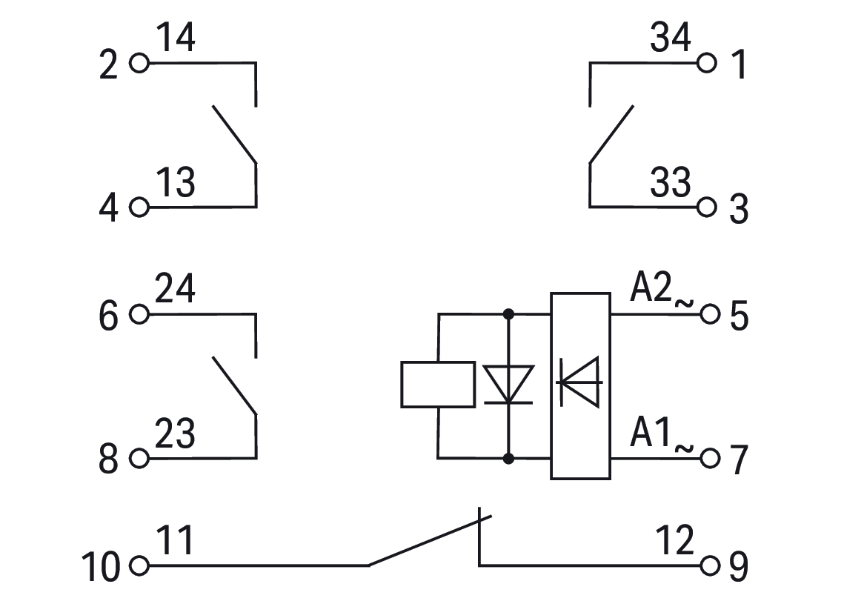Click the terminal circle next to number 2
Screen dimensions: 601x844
[x=139, y=64]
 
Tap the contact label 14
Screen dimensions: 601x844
[x=176, y=39]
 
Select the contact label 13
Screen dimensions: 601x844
[x=176, y=182]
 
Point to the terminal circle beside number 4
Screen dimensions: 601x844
[x=139, y=207]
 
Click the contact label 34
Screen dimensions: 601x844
[x=671, y=39]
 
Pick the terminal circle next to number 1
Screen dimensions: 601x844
[x=708, y=64]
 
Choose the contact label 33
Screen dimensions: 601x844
[x=671, y=182]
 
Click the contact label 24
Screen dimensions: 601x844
[x=176, y=289]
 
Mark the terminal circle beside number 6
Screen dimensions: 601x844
[x=139, y=314]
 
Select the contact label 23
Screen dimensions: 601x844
[x=176, y=434]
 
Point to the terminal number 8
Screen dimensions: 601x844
[x=109, y=461]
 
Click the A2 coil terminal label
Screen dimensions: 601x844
[x=651, y=289]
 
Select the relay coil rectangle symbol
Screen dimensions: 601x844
[x=438, y=384]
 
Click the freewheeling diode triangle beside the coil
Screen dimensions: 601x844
[x=509, y=384]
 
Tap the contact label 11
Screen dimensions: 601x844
[x=176, y=542]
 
